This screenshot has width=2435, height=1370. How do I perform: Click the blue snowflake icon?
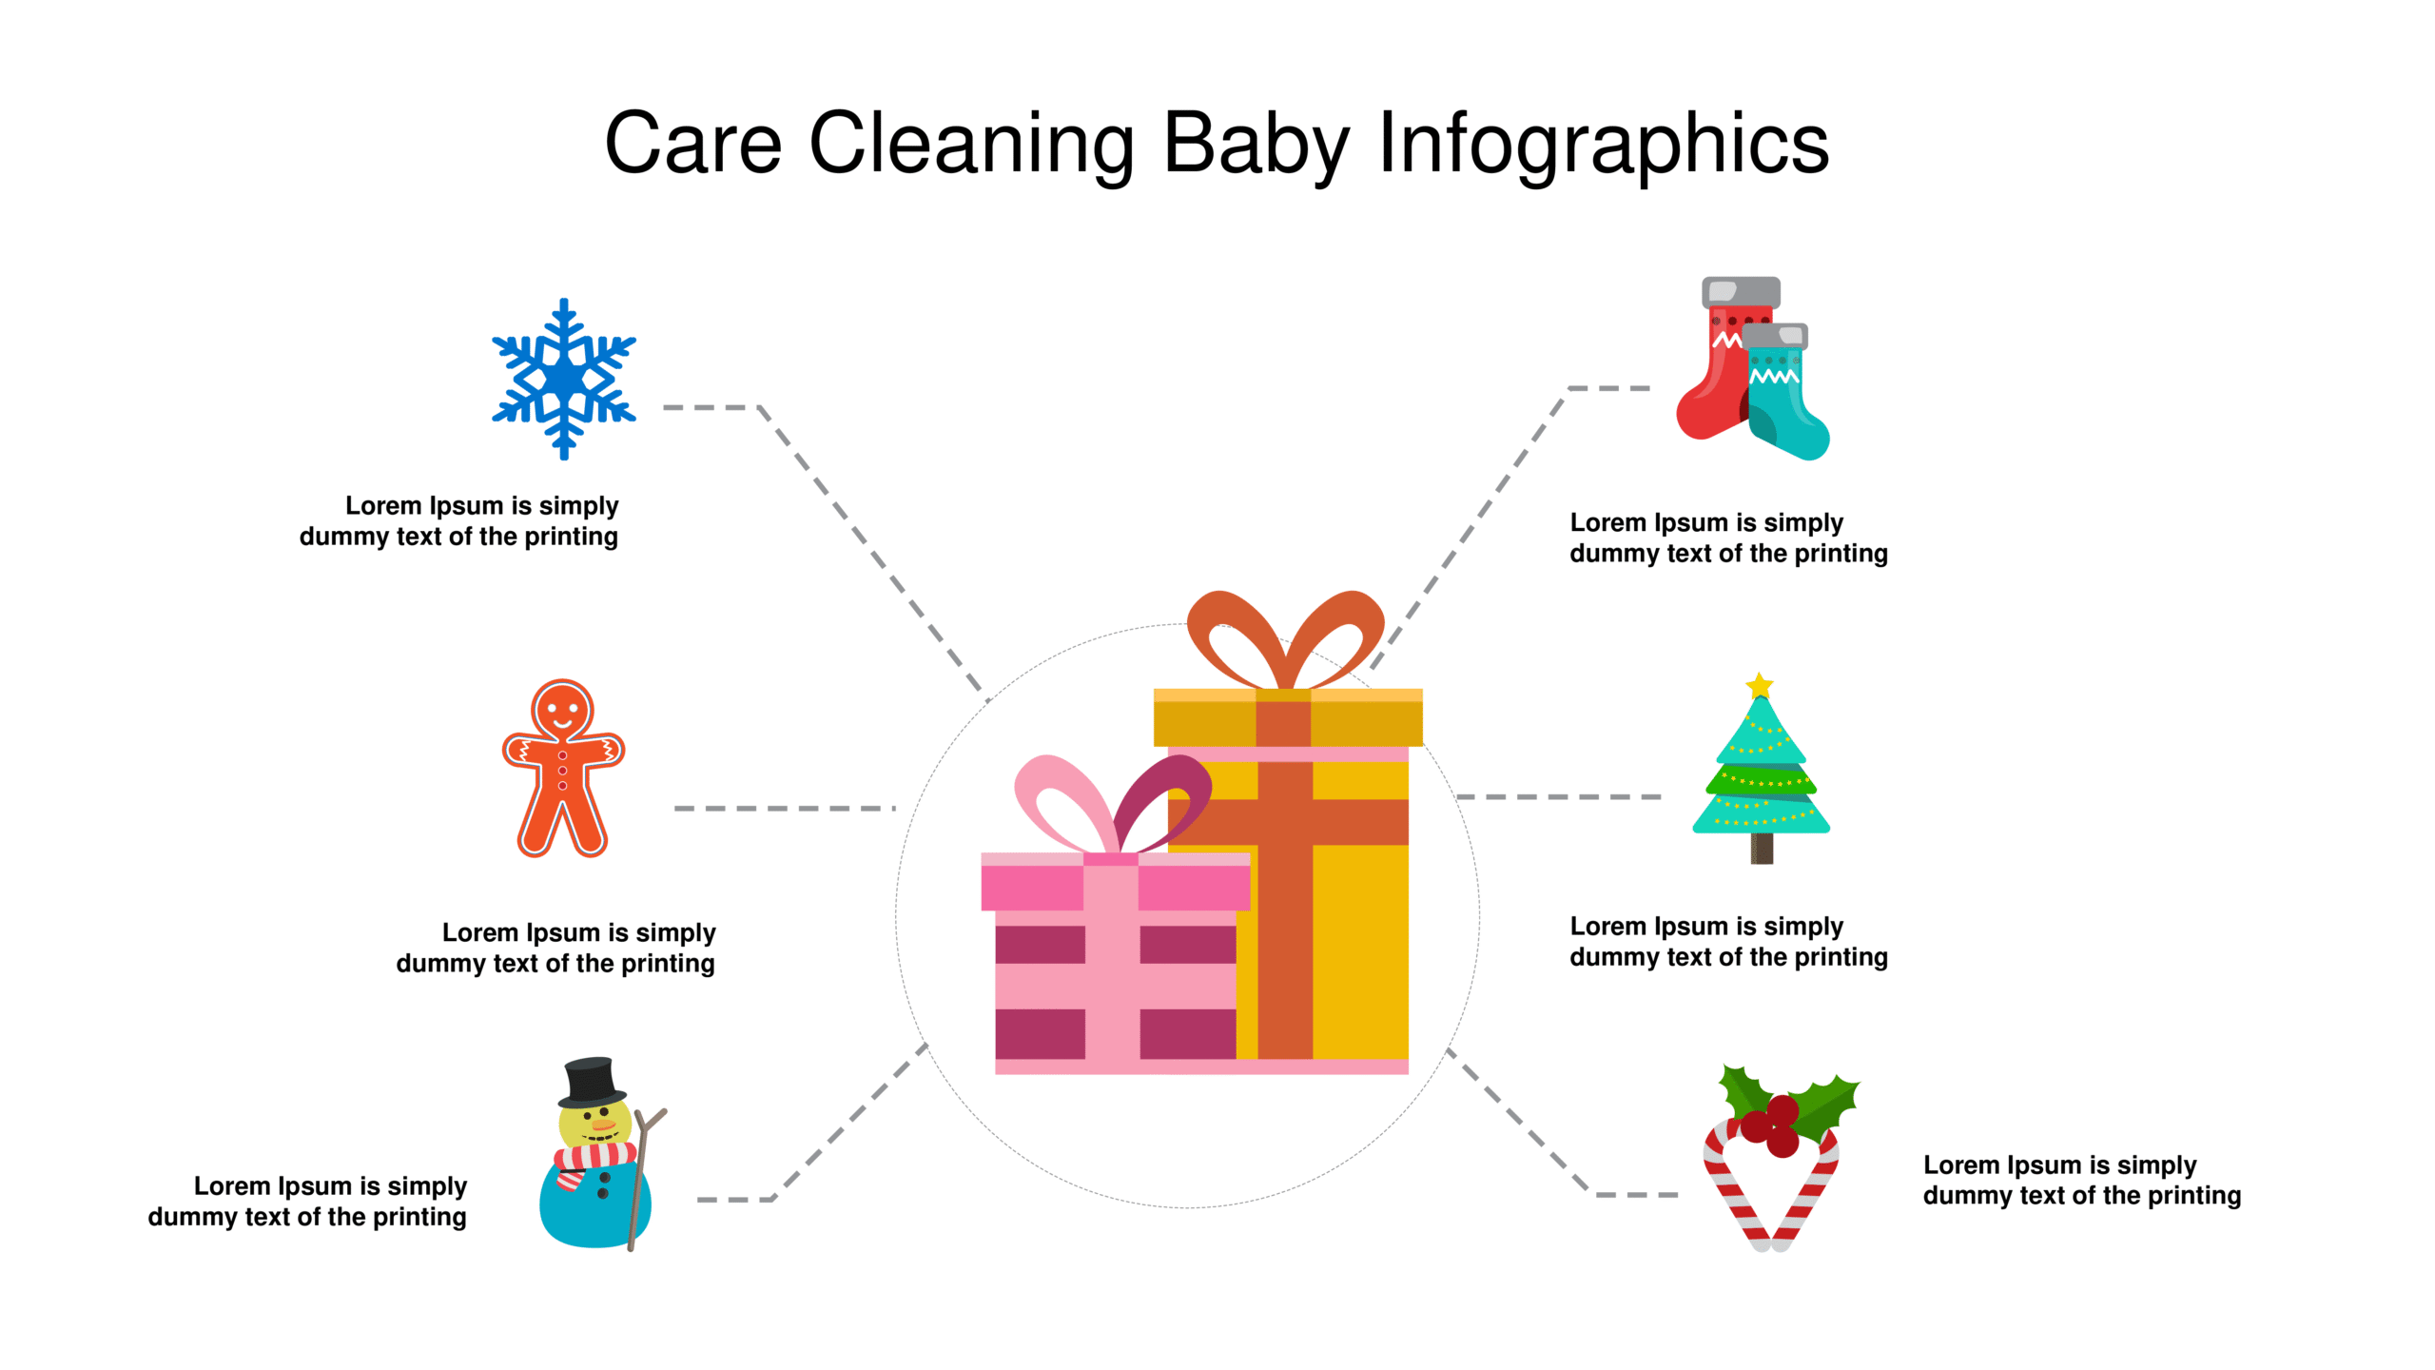point(564,379)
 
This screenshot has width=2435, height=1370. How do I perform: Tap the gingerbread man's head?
point(562,710)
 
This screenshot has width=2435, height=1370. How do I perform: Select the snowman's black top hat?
point(591,1083)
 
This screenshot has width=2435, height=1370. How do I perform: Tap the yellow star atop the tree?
point(1760,686)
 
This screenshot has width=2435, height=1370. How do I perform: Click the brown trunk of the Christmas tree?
point(1762,849)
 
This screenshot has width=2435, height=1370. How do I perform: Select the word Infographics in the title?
point(1604,145)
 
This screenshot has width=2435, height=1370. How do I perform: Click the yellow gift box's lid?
point(1288,718)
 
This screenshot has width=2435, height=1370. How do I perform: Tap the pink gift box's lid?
point(1116,882)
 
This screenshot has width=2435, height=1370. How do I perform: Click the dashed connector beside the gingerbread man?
point(785,809)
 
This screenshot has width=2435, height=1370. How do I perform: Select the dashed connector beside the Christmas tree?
point(1559,797)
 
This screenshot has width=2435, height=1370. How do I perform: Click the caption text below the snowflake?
point(459,521)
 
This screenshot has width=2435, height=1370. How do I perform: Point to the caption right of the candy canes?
point(2082,1181)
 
